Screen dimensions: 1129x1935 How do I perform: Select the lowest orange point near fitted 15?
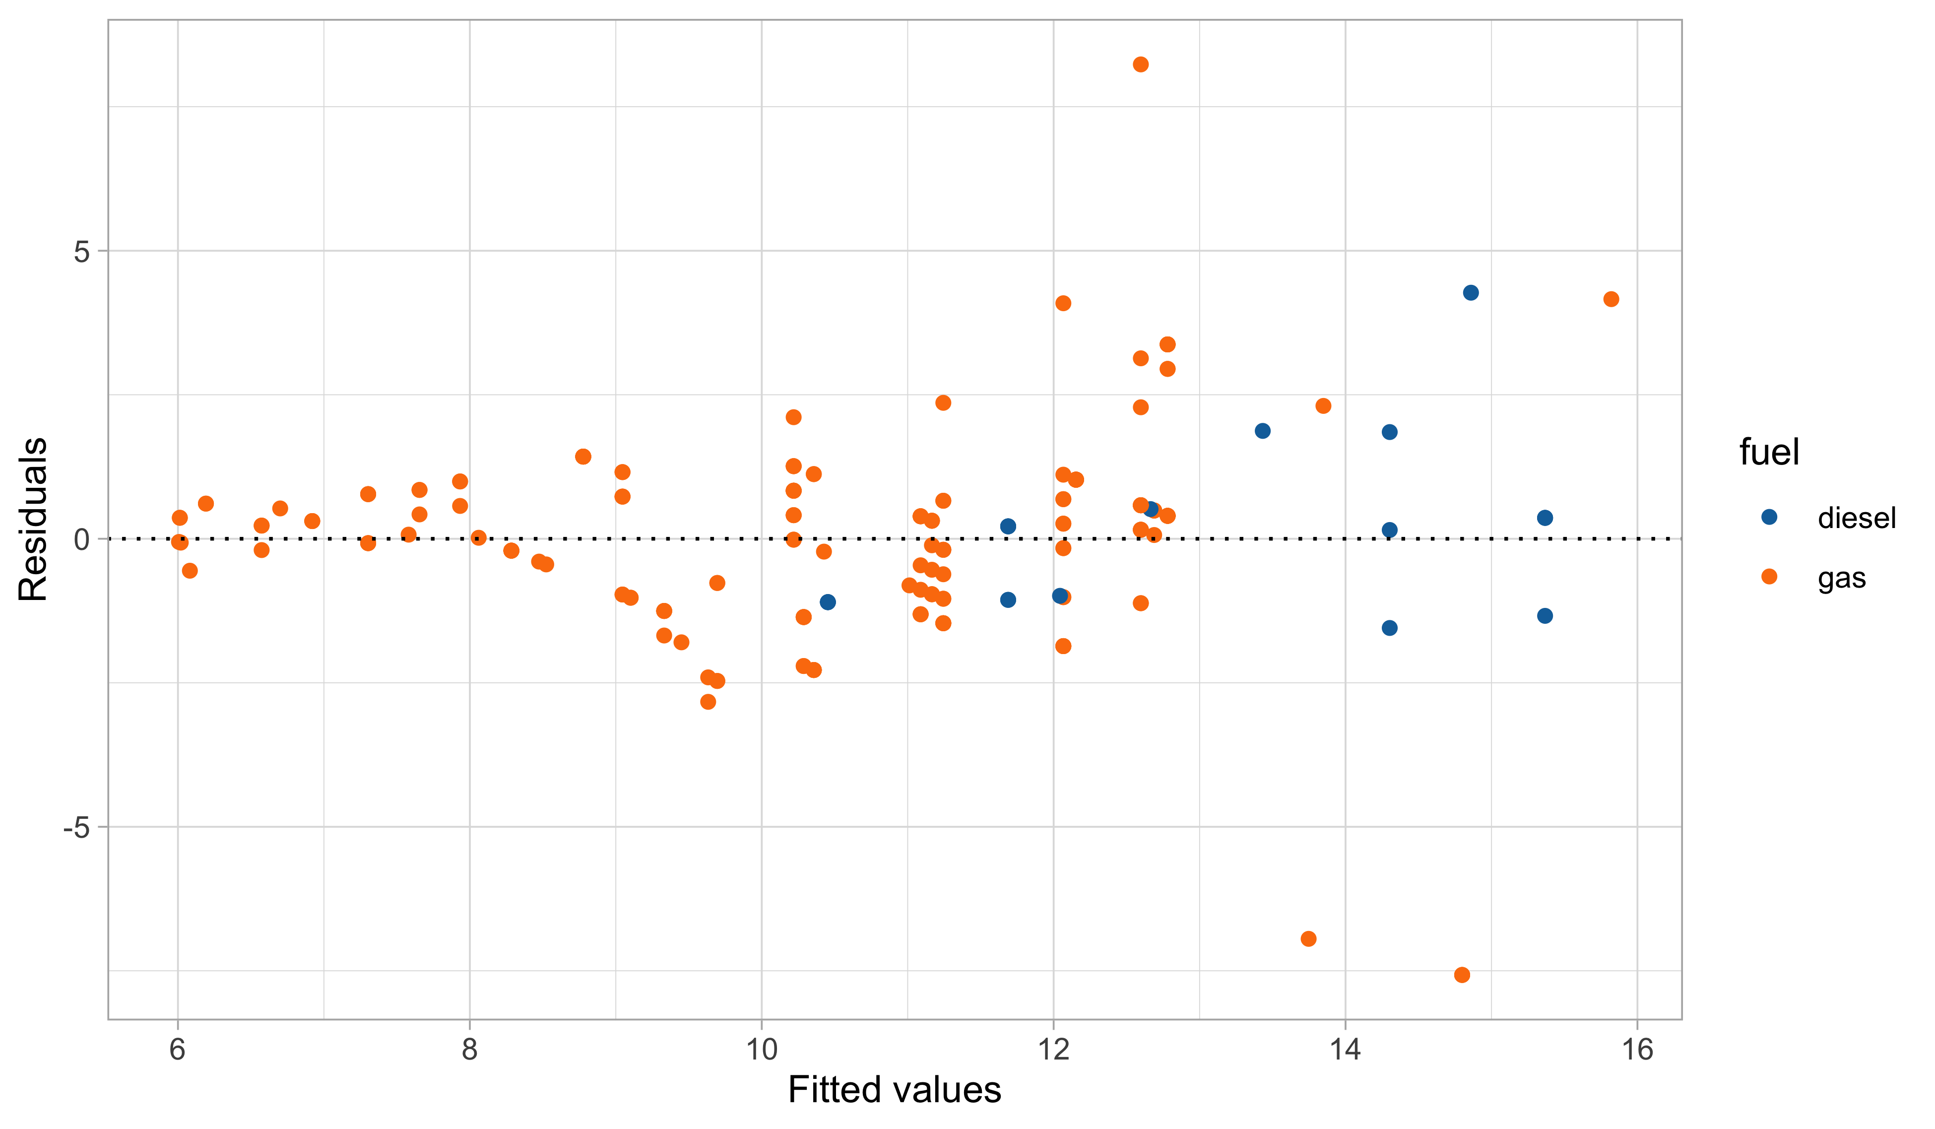[1462, 975]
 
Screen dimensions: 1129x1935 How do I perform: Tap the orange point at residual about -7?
[1308, 938]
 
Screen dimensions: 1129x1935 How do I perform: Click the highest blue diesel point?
[1471, 293]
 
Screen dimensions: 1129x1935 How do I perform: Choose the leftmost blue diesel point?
[828, 602]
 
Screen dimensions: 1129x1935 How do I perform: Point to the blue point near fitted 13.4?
[1262, 431]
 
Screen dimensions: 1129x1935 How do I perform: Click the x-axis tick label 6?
[178, 1049]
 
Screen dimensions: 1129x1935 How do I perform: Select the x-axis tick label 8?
[469, 1049]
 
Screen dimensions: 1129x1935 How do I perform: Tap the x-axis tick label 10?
[761, 1049]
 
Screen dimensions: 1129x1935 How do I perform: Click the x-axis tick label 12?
[1053, 1049]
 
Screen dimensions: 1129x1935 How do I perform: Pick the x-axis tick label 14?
[1345, 1049]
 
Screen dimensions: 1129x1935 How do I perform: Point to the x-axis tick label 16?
[1637, 1049]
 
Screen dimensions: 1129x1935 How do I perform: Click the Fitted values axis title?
[895, 1091]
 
